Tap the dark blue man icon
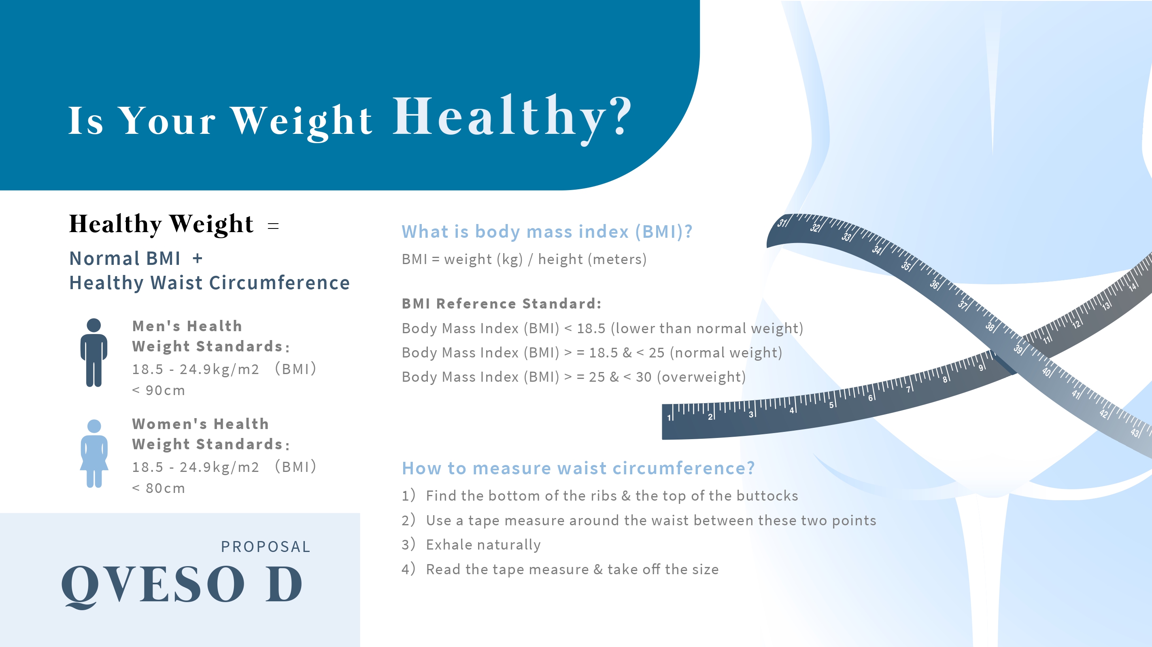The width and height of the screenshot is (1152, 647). [x=94, y=353]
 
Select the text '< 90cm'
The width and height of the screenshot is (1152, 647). [x=158, y=391]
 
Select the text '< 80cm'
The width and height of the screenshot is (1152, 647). [x=158, y=488]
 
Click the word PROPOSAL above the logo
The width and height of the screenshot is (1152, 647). [x=266, y=546]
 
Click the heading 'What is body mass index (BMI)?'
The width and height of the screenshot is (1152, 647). [x=547, y=231]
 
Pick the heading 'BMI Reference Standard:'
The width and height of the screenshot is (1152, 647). [x=501, y=304]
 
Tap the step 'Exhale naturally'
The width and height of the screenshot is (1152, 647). [x=483, y=545]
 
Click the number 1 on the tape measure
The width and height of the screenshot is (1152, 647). [x=669, y=418]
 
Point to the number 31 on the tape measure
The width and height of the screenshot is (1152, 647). [x=781, y=222]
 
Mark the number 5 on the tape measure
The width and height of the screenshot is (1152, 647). [x=831, y=405]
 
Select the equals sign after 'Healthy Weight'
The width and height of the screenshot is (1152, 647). [x=273, y=226]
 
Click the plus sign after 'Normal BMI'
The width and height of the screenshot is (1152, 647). [x=198, y=258]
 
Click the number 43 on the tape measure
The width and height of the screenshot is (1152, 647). [x=1135, y=433]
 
